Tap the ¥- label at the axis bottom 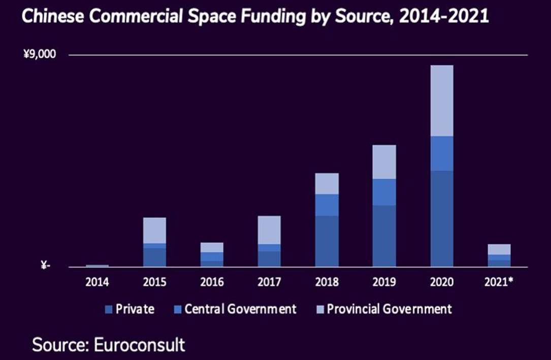(45, 266)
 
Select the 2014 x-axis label (97, 282)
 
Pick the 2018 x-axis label (327, 282)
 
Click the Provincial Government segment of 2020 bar (442, 101)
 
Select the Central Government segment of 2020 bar (442, 153)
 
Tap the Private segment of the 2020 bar (442, 218)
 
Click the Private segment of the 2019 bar (384, 236)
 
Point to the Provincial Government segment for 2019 (384, 162)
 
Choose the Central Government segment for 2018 (327, 205)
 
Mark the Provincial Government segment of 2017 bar (269, 230)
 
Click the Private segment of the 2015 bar (154, 257)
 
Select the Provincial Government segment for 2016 (212, 247)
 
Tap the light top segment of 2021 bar (499, 249)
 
